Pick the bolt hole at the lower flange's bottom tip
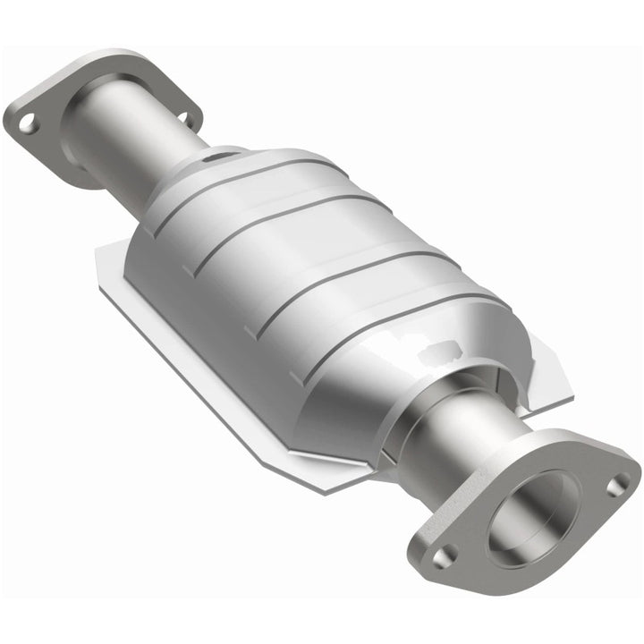click(x=442, y=556)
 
